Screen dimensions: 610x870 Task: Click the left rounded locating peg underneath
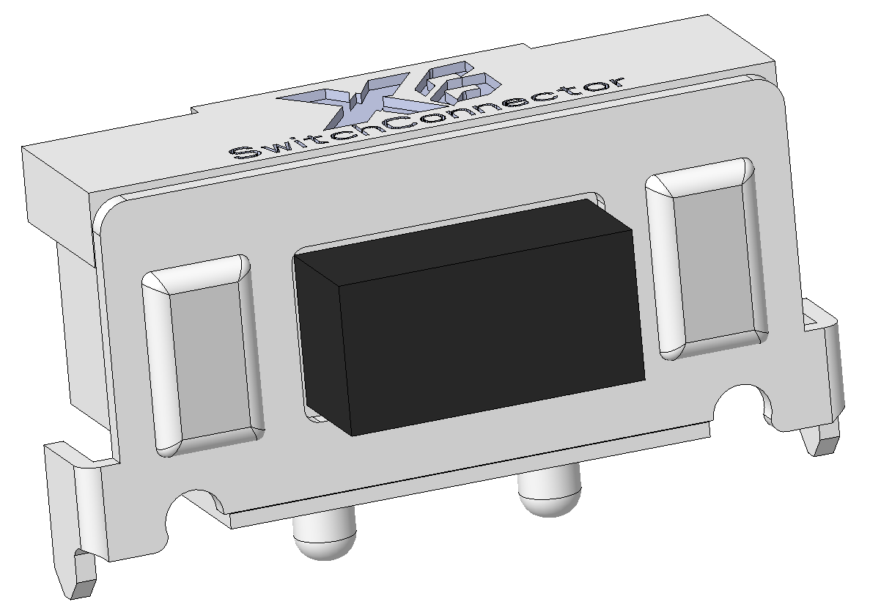(324, 539)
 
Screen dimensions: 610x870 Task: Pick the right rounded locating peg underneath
(550, 496)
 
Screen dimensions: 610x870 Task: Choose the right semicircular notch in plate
(740, 408)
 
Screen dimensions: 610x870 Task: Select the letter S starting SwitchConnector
(242, 152)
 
